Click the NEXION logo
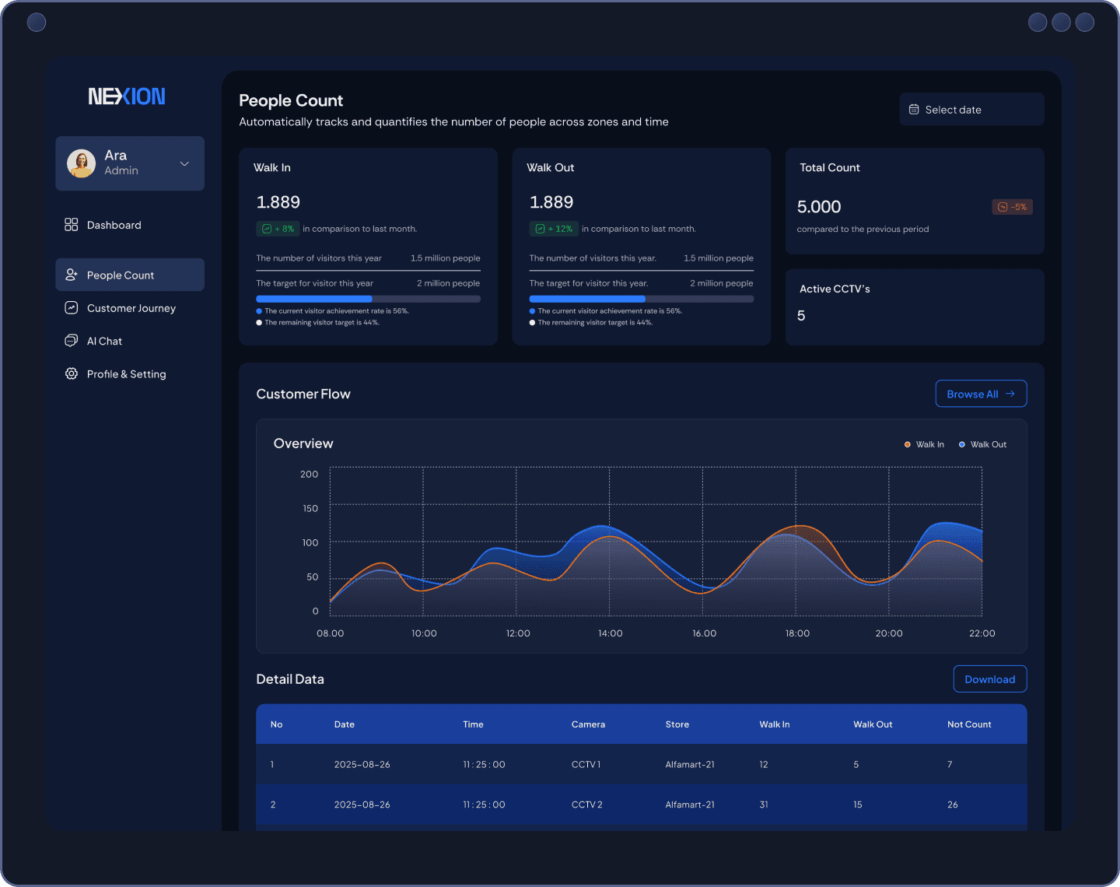pyautogui.click(x=127, y=96)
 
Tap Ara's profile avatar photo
pyautogui.click(x=82, y=163)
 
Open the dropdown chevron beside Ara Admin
pyautogui.click(x=184, y=163)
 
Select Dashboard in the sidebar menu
pyautogui.click(x=114, y=225)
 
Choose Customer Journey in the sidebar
pyautogui.click(x=131, y=308)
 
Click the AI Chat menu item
pyautogui.click(x=104, y=341)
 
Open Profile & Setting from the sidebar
pyautogui.click(x=126, y=374)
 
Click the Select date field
pyautogui.click(x=971, y=110)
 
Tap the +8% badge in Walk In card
pyautogui.click(x=278, y=229)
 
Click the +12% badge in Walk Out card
pyautogui.click(x=554, y=229)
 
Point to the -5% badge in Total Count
pyautogui.click(x=1012, y=207)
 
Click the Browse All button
pyautogui.click(x=981, y=394)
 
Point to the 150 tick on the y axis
pyautogui.click(x=310, y=508)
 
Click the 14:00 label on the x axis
pyautogui.click(x=610, y=633)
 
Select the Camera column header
pyautogui.click(x=588, y=724)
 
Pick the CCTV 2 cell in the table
pyautogui.click(x=586, y=805)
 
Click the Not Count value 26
pyautogui.click(x=952, y=805)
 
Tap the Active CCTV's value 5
pyautogui.click(x=801, y=316)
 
